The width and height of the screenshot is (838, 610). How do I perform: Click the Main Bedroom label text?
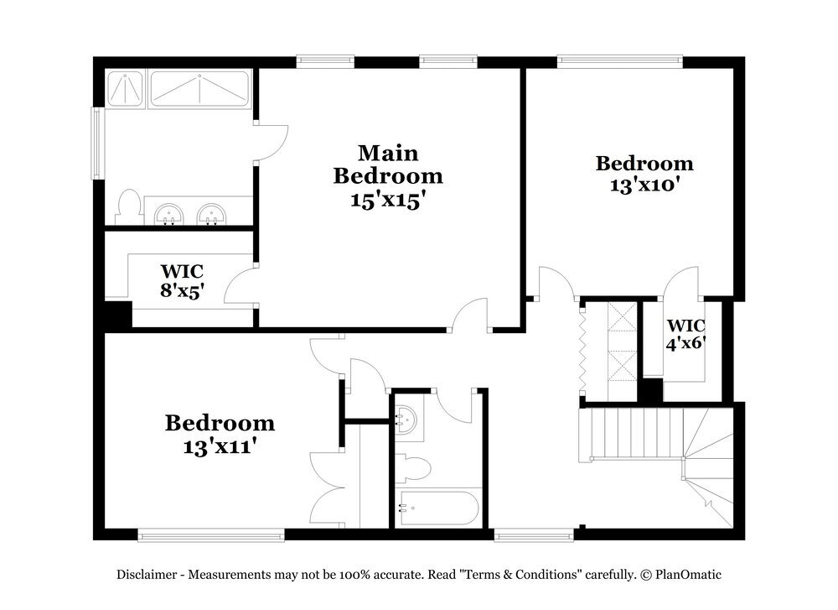(387, 164)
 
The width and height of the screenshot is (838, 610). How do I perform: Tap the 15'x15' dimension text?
(387, 200)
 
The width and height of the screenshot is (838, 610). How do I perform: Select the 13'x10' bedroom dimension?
(644, 184)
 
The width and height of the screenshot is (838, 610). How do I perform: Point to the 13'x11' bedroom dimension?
(220, 446)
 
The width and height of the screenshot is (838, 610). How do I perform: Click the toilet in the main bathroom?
(128, 208)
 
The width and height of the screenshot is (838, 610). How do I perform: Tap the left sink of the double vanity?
(170, 214)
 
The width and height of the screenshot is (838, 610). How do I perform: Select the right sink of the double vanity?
(211, 214)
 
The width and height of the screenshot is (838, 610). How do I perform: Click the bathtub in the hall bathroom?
(438, 508)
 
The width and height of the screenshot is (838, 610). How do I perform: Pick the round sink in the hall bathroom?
(407, 418)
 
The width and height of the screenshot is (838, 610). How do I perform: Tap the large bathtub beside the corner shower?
(199, 88)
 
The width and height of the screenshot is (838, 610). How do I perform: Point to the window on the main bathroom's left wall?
(97, 142)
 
